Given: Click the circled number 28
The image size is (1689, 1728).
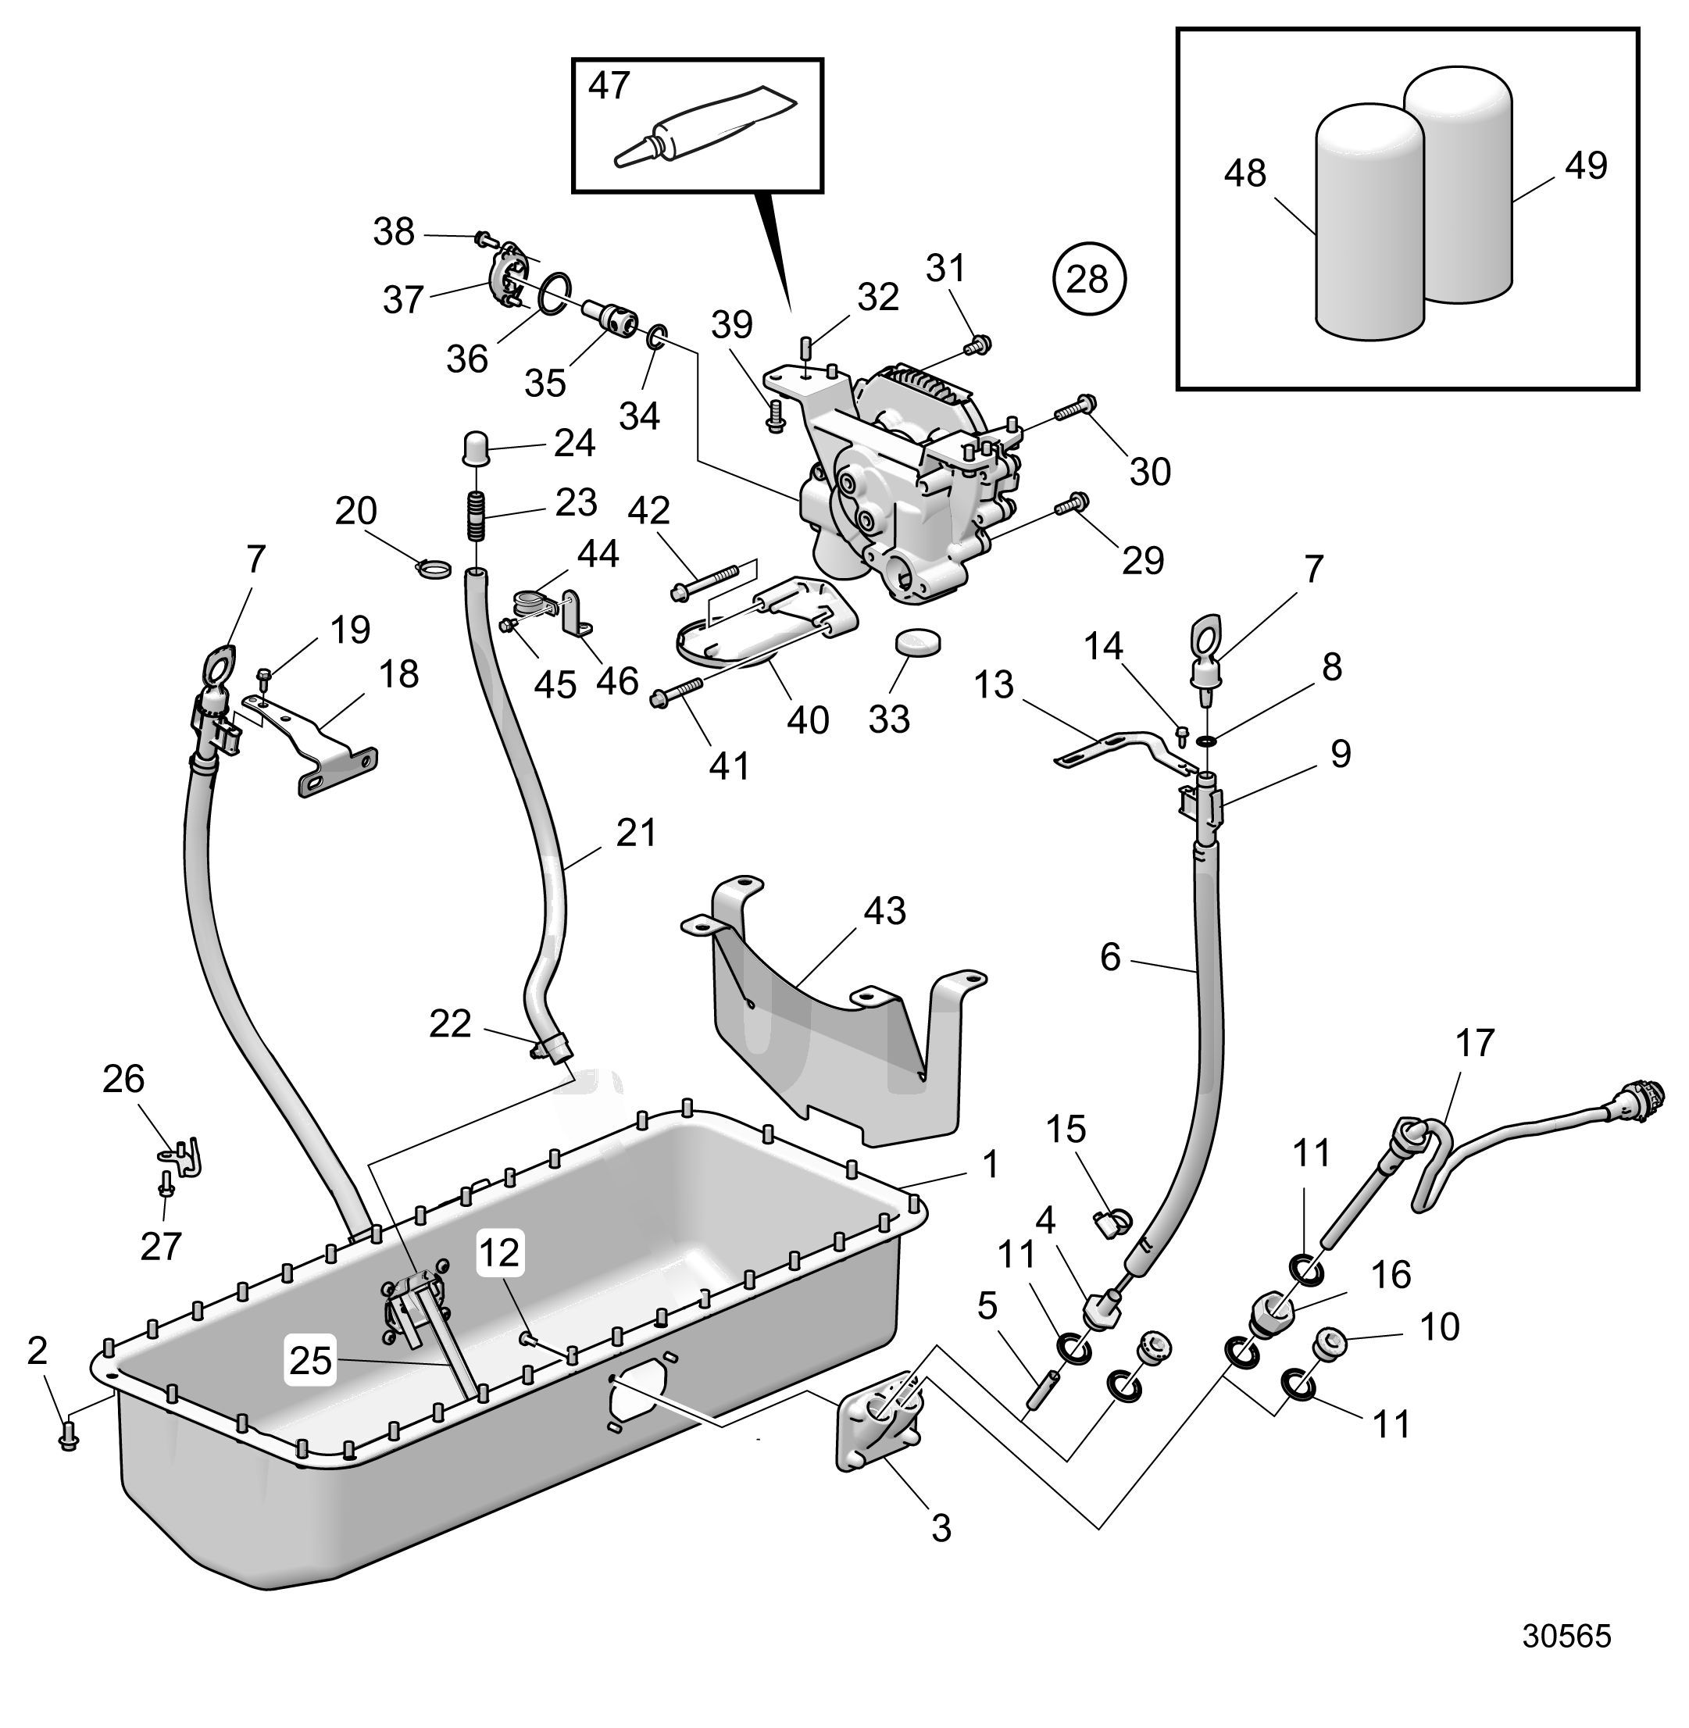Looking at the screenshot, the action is [1087, 280].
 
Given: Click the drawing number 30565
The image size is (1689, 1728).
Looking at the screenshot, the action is [1566, 1636].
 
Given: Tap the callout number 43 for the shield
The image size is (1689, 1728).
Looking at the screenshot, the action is [884, 911].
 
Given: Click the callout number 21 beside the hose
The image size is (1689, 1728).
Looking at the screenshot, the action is [636, 832].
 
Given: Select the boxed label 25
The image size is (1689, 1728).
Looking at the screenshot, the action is [309, 1360].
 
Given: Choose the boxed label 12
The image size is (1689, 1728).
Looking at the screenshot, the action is [500, 1252].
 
